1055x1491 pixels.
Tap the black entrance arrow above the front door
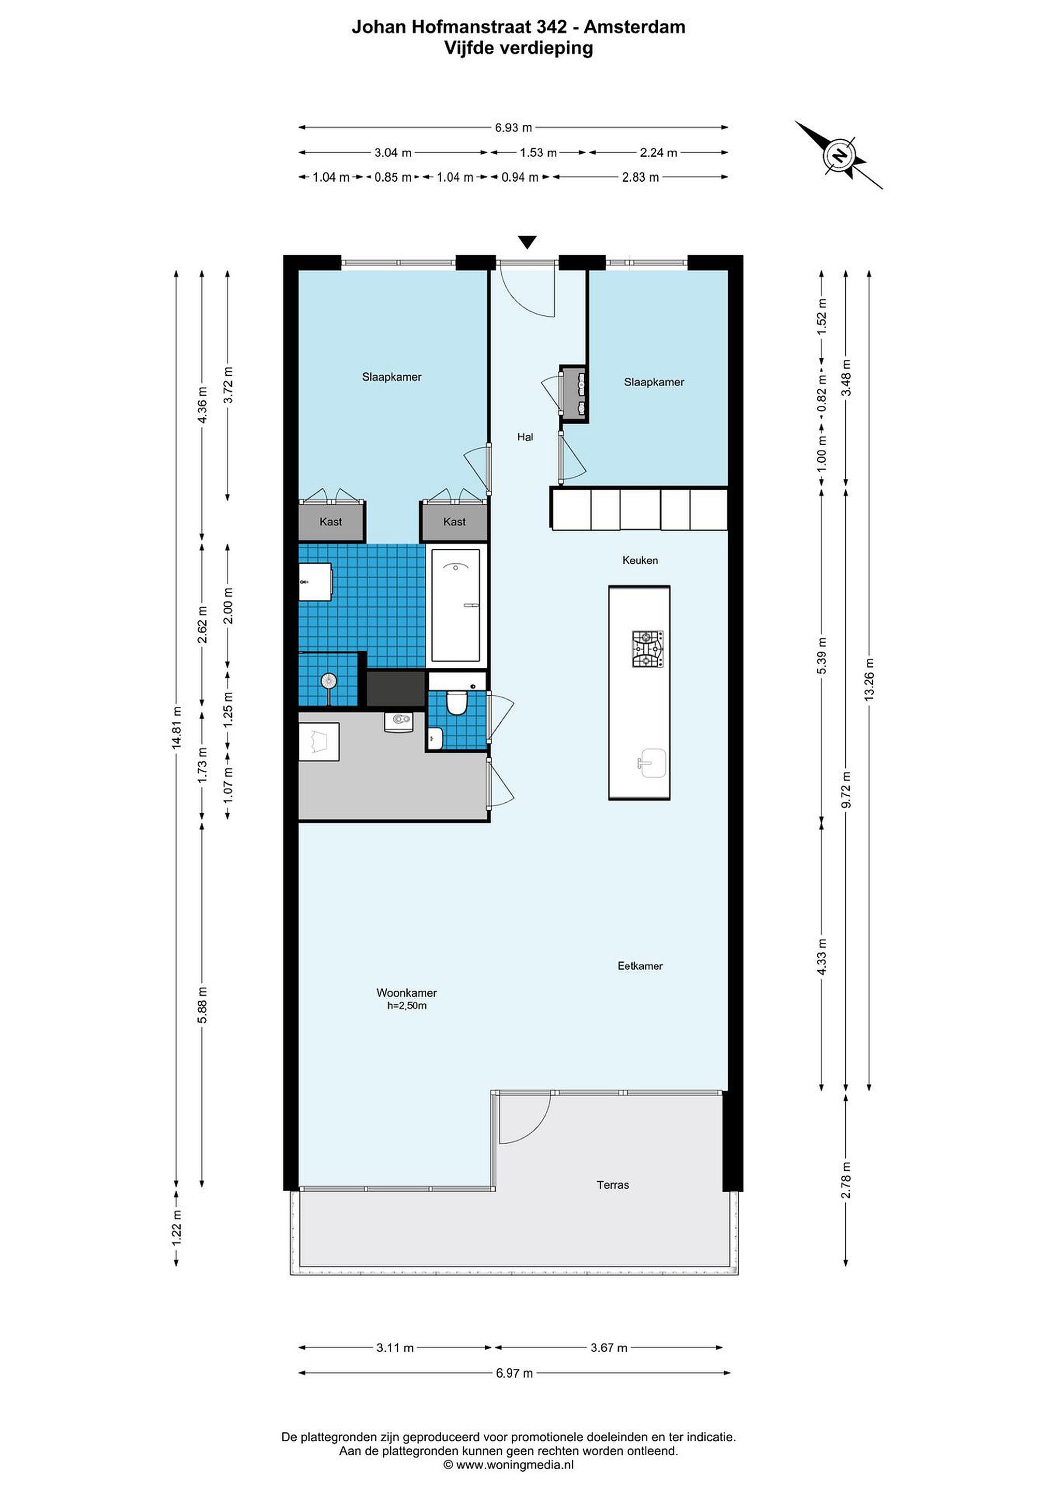(527, 242)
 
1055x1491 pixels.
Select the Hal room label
(525, 437)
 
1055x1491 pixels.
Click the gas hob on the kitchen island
(648, 649)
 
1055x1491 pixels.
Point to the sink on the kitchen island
(652, 763)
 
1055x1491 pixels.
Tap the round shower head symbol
(329, 681)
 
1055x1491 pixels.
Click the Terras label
(613, 1185)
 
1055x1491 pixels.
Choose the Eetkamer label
(640, 966)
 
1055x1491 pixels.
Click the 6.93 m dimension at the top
(513, 128)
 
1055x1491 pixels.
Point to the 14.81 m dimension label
(176, 728)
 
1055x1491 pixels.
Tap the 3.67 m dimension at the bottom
(609, 1348)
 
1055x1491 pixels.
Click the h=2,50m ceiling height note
(407, 1006)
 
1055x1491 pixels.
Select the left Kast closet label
(330, 521)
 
